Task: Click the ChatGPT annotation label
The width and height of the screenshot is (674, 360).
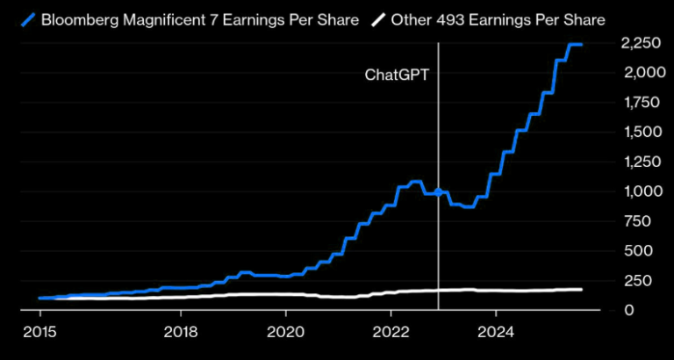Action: [x=398, y=75]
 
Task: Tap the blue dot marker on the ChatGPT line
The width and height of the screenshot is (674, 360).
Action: [x=438, y=192]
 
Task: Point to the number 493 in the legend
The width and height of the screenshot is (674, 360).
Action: [x=444, y=19]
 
